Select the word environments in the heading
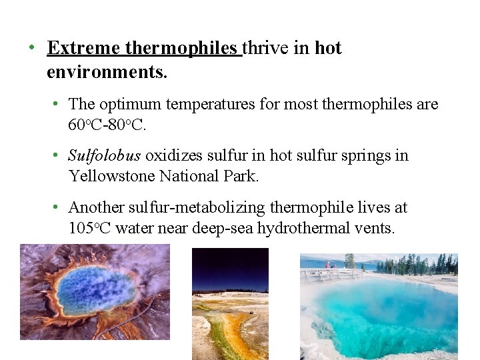pyautogui.click(x=107, y=71)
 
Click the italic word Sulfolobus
pyautogui.click(x=105, y=156)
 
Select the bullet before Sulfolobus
pyautogui.click(x=57, y=156)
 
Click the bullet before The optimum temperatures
pyautogui.click(x=57, y=104)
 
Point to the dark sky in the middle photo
pyautogui.click(x=230, y=267)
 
